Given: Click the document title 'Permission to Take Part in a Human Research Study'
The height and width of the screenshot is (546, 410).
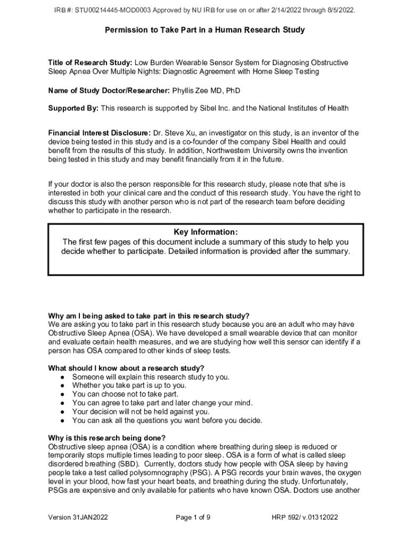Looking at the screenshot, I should pos(205,30).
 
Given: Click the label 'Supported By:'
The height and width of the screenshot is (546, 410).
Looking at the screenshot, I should pos(73,108).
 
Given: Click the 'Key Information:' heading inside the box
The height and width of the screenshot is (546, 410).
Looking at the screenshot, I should pos(205,232).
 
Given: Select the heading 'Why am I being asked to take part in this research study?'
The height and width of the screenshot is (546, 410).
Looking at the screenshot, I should pos(149,316).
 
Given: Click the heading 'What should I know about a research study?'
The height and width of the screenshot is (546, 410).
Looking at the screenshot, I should pos(126,368).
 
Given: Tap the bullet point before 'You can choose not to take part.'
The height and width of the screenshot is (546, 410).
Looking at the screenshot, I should pos(63,394).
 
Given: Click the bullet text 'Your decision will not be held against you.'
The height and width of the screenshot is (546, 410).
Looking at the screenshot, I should pos(141,412).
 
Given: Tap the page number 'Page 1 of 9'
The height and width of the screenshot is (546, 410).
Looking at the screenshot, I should pos(193,517).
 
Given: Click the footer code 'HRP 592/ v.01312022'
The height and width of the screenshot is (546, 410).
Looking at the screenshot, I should pos(305,517).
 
